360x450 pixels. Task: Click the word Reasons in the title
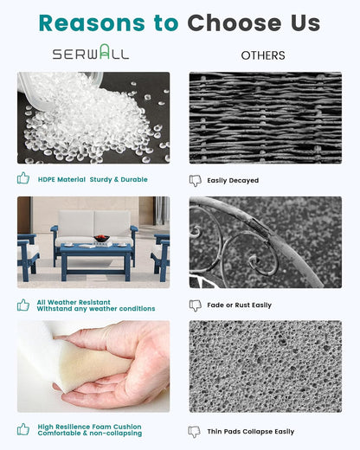(92, 22)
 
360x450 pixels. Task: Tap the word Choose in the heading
(235, 22)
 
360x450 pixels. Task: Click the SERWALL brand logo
(91, 52)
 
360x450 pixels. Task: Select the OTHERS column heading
(263, 55)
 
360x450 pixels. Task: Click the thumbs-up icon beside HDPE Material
(23, 178)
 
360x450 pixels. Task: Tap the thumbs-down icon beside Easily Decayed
(196, 181)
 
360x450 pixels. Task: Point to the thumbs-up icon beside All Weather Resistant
(23, 305)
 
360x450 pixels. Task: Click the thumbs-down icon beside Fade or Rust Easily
(196, 305)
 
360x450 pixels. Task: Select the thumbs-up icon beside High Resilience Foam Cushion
(23, 429)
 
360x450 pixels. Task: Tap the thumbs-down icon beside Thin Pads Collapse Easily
(194, 432)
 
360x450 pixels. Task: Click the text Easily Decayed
(233, 181)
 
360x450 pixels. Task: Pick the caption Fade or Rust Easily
(240, 305)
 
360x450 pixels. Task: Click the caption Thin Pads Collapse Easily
(251, 432)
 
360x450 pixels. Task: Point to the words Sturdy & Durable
(119, 179)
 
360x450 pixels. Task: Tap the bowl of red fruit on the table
(102, 239)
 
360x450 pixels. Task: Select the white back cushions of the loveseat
(94, 223)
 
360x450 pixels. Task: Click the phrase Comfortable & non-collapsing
(90, 434)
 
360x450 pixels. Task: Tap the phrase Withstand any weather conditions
(96, 309)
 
